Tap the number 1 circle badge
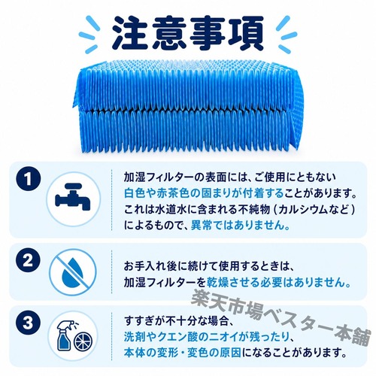(29, 179)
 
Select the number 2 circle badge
(29, 261)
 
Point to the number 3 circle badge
(29, 323)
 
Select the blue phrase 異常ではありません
(241, 225)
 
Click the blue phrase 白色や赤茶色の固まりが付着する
(204, 193)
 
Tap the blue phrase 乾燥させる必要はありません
(278, 283)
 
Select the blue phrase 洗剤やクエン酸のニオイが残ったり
(207, 337)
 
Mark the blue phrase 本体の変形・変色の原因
(183, 353)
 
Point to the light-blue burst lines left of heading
(88, 35)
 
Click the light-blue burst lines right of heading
(287, 35)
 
